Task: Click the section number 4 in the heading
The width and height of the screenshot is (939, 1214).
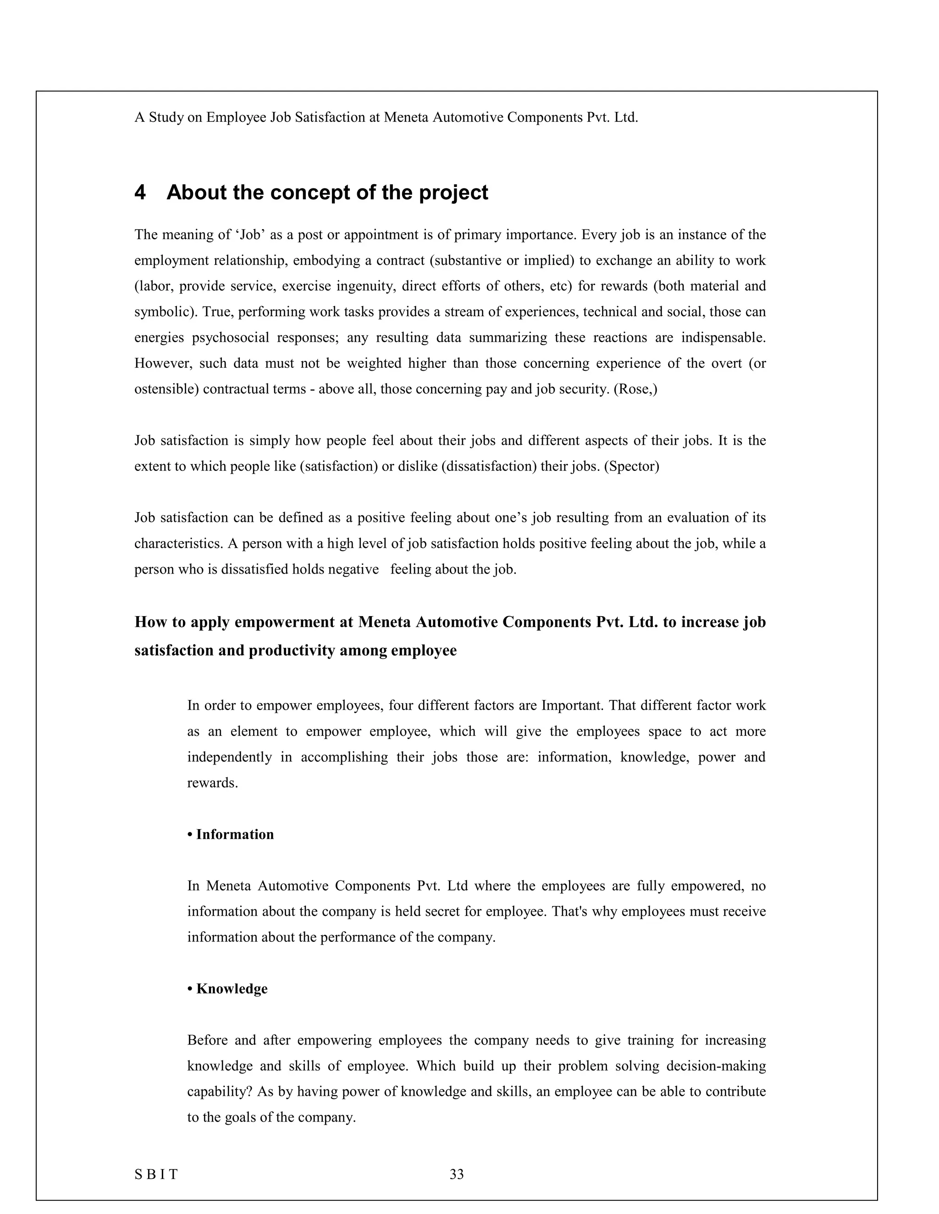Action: pos(140,193)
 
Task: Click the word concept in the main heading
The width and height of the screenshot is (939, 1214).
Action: pos(328,193)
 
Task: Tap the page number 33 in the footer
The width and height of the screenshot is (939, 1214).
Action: pos(457,1175)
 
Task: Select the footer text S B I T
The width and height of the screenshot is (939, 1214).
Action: pos(156,1175)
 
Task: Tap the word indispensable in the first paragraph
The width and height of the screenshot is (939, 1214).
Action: pos(723,338)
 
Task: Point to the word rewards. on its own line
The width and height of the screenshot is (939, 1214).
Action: pos(212,783)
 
